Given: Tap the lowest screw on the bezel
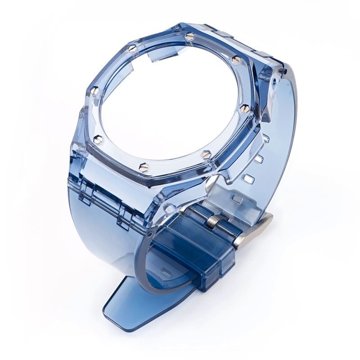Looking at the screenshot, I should pyautogui.click(x=144, y=167).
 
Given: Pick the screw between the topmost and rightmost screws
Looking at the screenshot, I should pyautogui.click(x=236, y=59).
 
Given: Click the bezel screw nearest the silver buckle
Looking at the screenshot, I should pyautogui.click(x=207, y=154).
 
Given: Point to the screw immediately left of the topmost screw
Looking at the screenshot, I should pyautogui.click(x=131, y=47).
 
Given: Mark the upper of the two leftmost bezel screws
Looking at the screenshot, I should pyautogui.click(x=95, y=91).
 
